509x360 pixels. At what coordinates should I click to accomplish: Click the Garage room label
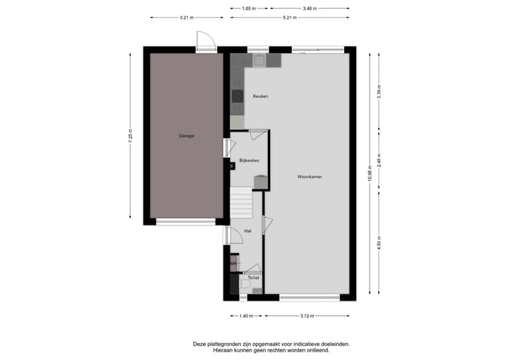coord(186,136)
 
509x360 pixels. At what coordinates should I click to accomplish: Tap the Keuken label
coord(261,96)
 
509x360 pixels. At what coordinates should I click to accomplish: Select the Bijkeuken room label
coord(249,161)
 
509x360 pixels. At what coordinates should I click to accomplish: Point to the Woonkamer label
coord(310,177)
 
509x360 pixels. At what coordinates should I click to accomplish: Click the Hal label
coord(247,231)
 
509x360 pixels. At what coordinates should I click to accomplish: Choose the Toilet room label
coord(253,278)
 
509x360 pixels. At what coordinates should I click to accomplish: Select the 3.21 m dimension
coord(187,17)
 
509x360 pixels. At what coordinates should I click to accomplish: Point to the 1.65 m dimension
coord(248,8)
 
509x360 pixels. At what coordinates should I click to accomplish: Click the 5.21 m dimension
coord(288,17)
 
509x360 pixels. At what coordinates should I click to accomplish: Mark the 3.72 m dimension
coord(308,315)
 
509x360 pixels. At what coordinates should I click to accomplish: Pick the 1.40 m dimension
coord(246,315)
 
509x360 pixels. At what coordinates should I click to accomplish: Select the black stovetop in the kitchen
coord(236,95)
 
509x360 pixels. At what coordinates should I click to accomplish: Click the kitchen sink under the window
coord(258,61)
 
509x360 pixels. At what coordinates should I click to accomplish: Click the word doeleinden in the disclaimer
coord(332,344)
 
